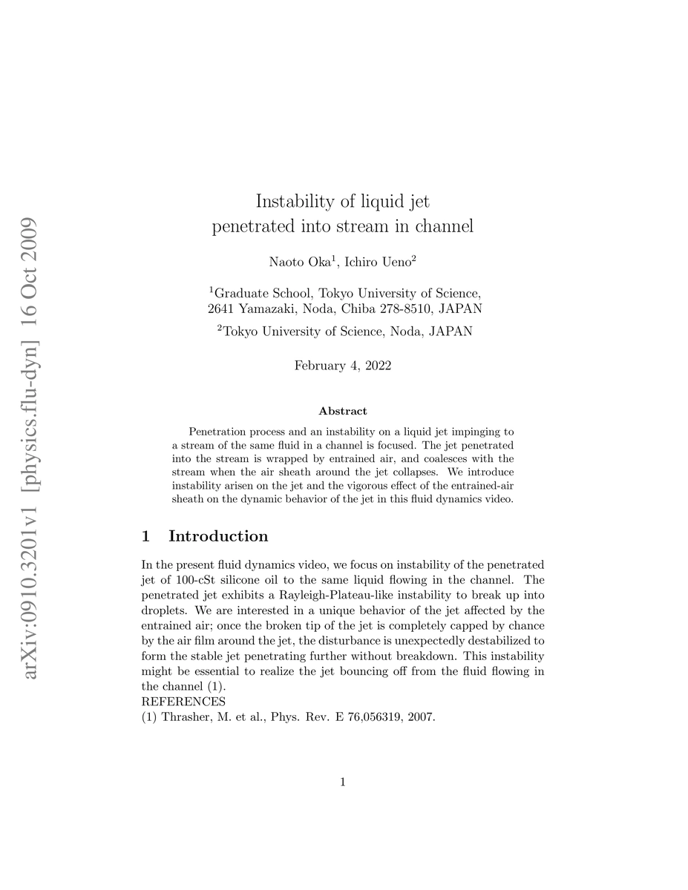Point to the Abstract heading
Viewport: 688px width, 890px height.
click(342, 411)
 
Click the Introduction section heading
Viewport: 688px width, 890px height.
click(218, 536)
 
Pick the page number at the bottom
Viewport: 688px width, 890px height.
click(343, 781)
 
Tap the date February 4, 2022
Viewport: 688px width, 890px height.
click(343, 366)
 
